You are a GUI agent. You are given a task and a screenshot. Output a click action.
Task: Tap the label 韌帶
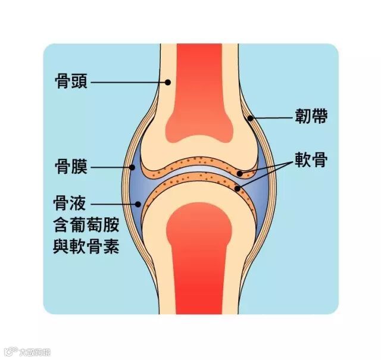pos(311,116)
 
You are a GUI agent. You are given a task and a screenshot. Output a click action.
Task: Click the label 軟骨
pos(310,159)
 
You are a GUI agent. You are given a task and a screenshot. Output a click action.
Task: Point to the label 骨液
pos(71,205)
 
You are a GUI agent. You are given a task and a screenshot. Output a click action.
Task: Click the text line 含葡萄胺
pos(87,225)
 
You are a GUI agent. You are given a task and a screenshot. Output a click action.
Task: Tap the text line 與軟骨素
pos(87,246)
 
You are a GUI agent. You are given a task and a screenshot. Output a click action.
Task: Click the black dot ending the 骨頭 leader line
pos(168,82)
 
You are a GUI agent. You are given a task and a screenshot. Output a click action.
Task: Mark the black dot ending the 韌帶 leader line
pos(251,118)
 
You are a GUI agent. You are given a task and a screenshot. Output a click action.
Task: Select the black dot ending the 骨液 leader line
pos(138,204)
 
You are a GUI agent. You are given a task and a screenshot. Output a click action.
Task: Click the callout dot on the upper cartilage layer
pos(239,174)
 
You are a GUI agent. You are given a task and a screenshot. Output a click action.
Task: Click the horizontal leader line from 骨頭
pos(128,82)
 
